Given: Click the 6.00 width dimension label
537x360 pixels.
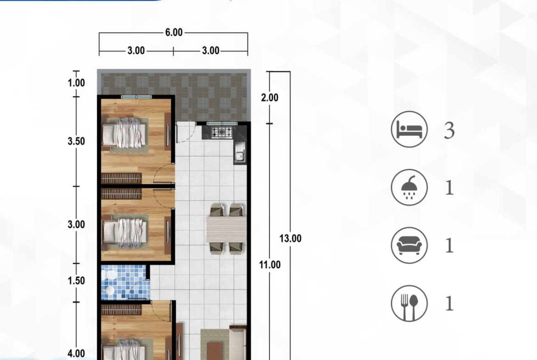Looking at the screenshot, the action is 173,33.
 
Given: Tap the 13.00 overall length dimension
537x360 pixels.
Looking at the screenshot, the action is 291,238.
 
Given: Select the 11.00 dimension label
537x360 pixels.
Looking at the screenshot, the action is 270,265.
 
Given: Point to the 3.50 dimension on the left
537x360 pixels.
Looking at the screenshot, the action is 76,141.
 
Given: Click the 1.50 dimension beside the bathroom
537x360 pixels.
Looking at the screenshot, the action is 76,281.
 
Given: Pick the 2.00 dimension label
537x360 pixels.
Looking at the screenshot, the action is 270,98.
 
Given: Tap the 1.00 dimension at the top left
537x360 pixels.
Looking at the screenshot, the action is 76,83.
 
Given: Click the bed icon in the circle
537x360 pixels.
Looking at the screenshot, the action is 409,129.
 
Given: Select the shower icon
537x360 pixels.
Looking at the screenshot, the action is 409,188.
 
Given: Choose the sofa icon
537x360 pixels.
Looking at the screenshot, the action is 409,245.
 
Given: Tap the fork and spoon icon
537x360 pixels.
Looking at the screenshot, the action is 409,304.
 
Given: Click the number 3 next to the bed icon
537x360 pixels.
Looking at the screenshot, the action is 449,130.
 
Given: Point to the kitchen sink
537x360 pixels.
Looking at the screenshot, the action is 240,153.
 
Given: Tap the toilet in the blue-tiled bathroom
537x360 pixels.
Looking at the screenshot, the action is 110,274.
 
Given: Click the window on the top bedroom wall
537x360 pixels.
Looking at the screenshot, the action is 136,97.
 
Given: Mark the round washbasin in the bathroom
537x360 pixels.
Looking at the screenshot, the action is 109,291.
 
